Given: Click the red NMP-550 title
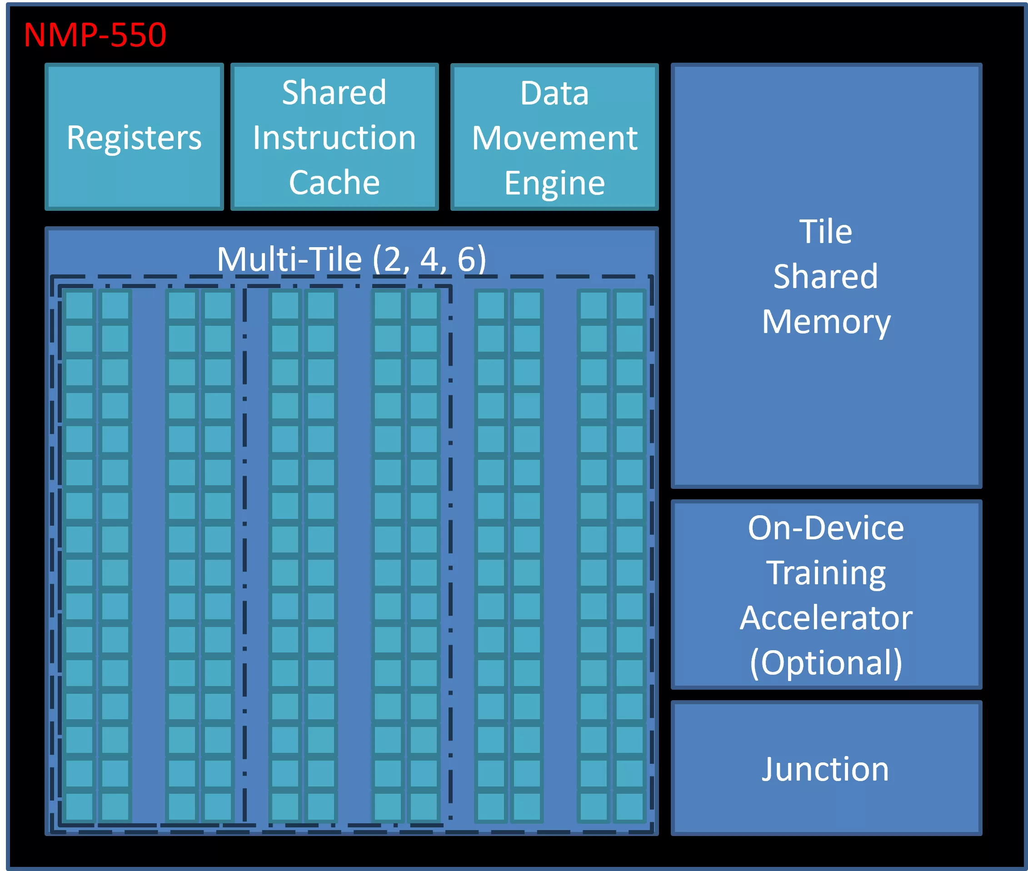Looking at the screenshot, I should [95, 35].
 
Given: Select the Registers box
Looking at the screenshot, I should [134, 137].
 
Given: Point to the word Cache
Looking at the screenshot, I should [334, 182].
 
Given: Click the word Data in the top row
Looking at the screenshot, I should [554, 93].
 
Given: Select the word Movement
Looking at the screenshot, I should [554, 138].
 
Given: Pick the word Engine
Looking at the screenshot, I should [554, 183].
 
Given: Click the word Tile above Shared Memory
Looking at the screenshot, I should [826, 231].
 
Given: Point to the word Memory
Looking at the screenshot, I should [826, 321].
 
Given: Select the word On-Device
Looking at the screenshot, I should [826, 528].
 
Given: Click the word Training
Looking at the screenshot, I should [826, 573].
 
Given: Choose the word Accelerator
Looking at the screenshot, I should [826, 618].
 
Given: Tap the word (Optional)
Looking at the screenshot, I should [826, 662].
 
